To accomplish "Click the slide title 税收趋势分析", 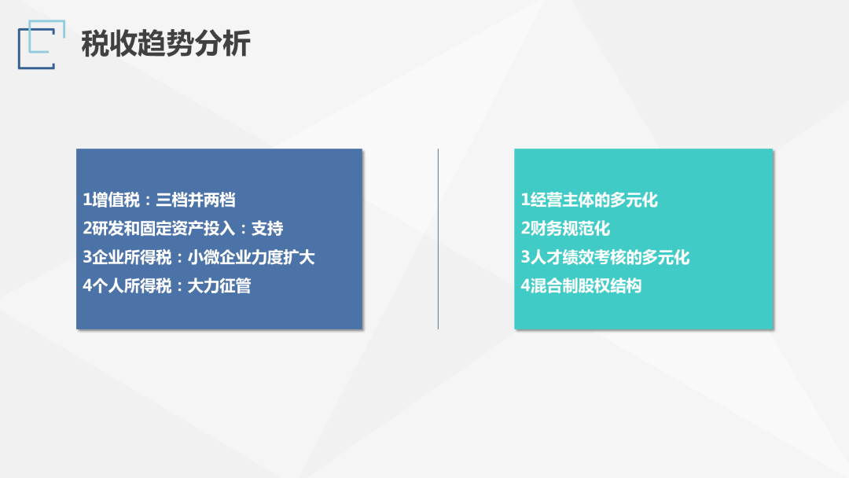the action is [x=166, y=43].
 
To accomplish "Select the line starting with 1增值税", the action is [x=159, y=200].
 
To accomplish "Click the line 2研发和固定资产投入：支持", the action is [x=183, y=229].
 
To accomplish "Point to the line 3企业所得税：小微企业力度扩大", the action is [x=199, y=257].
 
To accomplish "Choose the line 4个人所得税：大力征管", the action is [x=167, y=286].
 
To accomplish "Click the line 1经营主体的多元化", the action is [x=589, y=200].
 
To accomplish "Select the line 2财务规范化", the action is [x=565, y=229].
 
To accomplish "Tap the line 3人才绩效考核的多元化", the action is [x=605, y=257].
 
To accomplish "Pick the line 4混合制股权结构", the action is [x=581, y=286].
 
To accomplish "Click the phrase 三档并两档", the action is [x=196, y=200].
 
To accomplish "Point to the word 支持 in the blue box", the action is [x=267, y=229].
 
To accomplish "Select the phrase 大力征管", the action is [x=219, y=286].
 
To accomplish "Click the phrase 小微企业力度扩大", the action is [x=252, y=257].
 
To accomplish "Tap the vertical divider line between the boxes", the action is [x=438, y=239].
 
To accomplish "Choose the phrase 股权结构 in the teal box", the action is [x=610, y=286].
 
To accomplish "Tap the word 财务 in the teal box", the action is [x=546, y=229].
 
